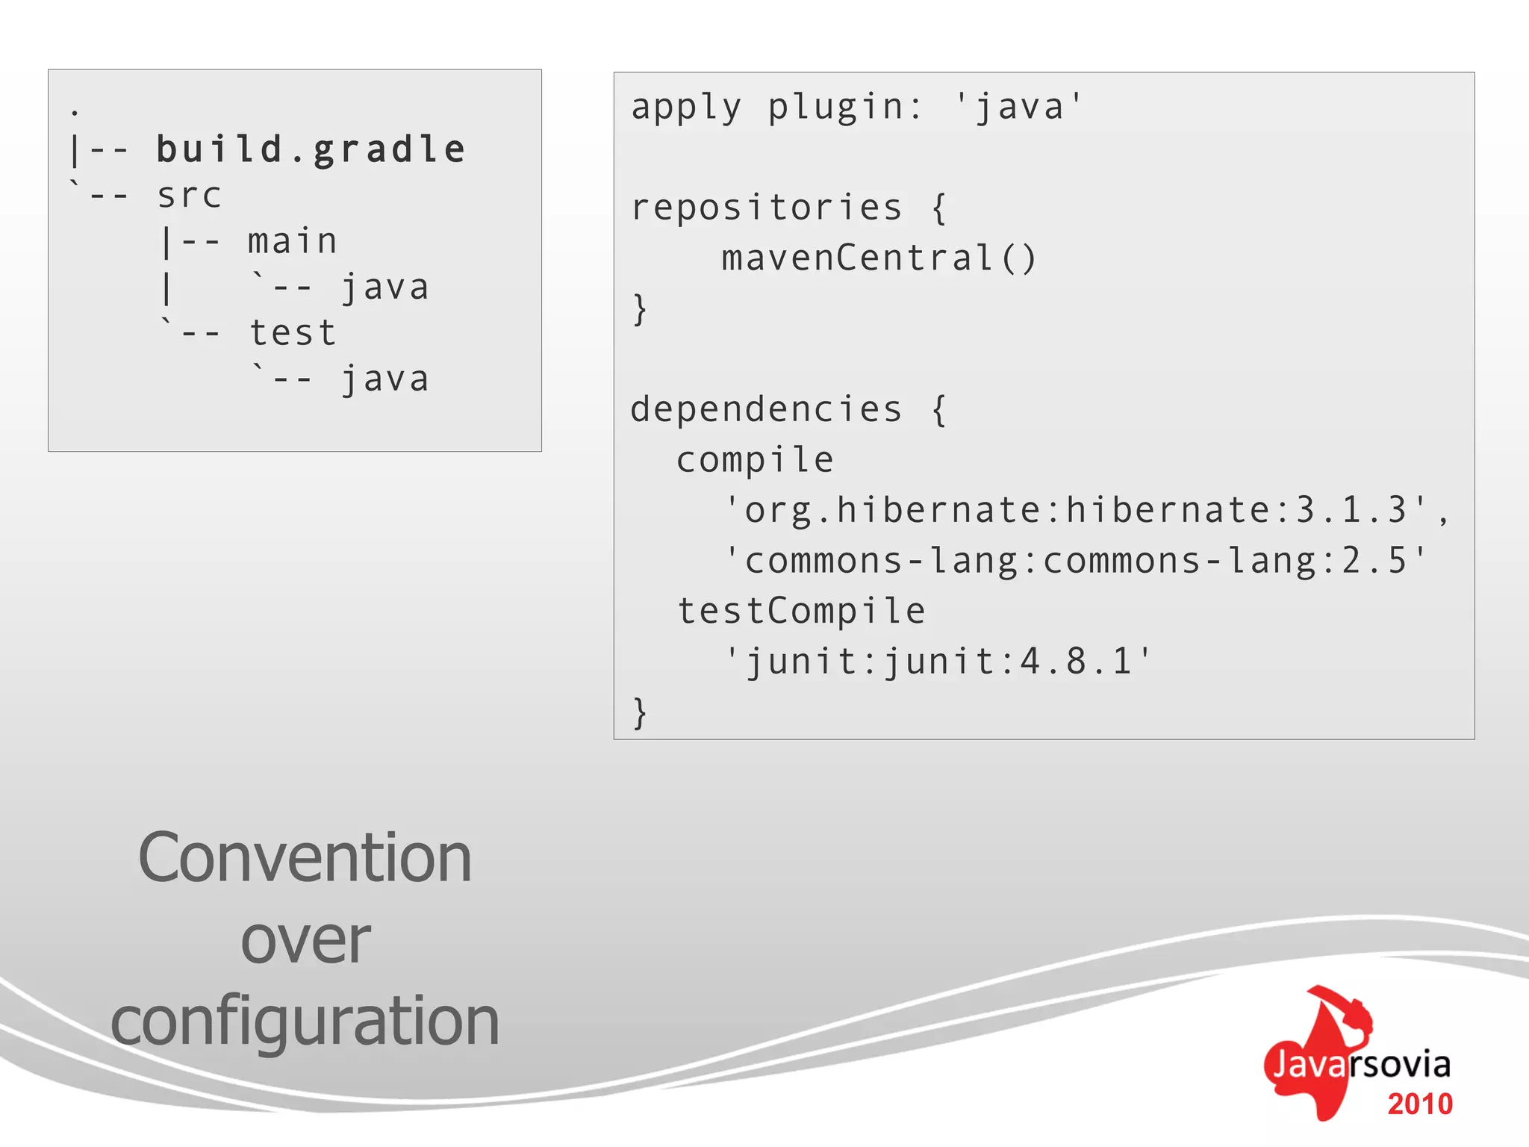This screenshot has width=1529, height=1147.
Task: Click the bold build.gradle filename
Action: click(x=311, y=149)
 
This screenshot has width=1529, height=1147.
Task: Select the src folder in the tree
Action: click(x=190, y=196)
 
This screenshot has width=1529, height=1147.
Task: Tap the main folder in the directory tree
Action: click(x=293, y=242)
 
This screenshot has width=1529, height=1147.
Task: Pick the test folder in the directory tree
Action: click(x=293, y=333)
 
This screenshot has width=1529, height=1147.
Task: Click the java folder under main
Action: click(x=385, y=288)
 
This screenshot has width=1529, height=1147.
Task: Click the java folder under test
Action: click(x=385, y=379)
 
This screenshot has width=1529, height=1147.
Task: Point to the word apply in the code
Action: click(x=686, y=108)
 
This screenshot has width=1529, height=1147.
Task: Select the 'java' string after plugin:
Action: click(x=1018, y=107)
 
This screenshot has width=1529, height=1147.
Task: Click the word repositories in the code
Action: click(x=766, y=208)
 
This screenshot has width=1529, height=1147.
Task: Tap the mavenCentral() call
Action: click(x=879, y=258)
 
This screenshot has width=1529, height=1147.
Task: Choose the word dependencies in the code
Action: click(x=766, y=409)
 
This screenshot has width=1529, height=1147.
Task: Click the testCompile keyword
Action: click(x=801, y=611)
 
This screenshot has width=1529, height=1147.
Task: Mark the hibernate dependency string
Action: click(x=1075, y=511)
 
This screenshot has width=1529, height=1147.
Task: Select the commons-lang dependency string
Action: click(x=1075, y=561)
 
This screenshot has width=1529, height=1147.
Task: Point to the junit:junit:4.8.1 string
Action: click(x=938, y=662)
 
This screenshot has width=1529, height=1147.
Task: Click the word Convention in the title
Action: click(x=305, y=859)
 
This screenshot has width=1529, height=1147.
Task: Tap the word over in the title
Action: click(x=305, y=941)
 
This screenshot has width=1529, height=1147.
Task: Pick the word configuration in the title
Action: click(x=305, y=1022)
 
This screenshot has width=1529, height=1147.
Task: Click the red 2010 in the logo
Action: click(x=1419, y=1104)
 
